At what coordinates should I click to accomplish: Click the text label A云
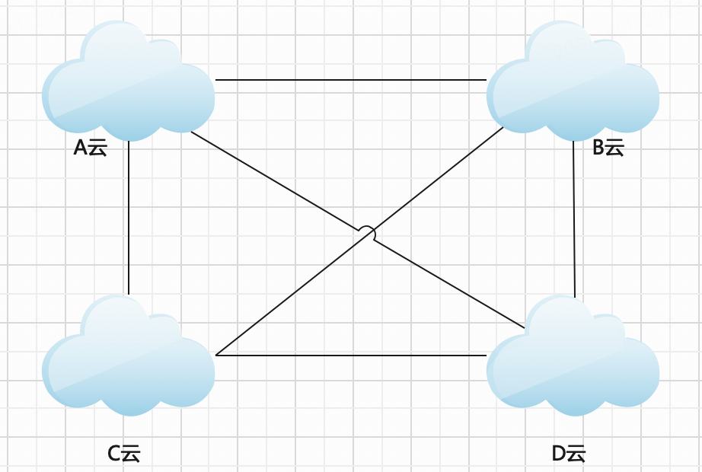coord(90,148)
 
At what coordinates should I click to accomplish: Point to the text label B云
coord(608,148)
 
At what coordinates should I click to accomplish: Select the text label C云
coord(124,454)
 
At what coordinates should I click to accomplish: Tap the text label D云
coord(569,454)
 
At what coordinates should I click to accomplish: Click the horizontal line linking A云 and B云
coord(350,79)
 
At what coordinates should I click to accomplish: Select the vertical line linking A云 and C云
coord(129,217)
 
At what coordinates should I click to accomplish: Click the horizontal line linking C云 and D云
coord(350,356)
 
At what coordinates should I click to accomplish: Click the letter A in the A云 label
coord(80,148)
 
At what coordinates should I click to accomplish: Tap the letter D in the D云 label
coord(559,454)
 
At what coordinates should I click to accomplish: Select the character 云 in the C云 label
coord(132,454)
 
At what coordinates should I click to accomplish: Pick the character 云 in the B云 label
coord(615,148)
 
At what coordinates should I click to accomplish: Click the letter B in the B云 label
coord(598,148)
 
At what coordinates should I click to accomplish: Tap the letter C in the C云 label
coord(114,454)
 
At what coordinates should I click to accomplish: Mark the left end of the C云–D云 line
coord(218,356)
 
